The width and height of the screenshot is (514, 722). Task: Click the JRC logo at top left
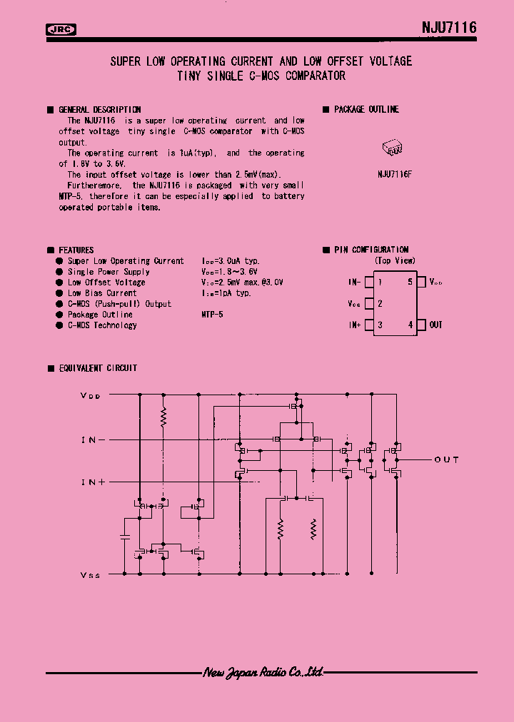click(x=61, y=29)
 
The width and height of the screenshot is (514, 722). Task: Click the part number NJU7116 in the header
click(x=448, y=28)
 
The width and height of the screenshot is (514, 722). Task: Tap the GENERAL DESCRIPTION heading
click(x=99, y=110)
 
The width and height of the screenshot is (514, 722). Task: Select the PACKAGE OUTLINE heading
click(x=366, y=109)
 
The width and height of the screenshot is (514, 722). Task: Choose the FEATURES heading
click(x=76, y=250)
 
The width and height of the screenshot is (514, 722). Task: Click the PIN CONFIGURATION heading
click(x=371, y=250)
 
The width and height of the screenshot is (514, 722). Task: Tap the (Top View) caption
click(x=395, y=261)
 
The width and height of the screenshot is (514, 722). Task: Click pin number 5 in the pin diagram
click(x=410, y=282)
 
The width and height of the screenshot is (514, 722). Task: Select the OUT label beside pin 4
click(x=435, y=325)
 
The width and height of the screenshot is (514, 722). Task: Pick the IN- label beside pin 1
click(x=355, y=282)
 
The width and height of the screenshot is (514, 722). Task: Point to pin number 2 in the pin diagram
click(x=380, y=303)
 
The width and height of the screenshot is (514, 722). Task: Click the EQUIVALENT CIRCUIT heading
click(x=98, y=368)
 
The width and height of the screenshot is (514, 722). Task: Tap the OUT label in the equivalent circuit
click(x=446, y=459)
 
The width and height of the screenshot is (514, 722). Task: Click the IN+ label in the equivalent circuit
click(x=94, y=482)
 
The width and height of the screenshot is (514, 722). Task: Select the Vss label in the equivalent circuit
click(x=91, y=574)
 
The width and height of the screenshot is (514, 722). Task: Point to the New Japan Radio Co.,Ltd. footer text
click(x=263, y=672)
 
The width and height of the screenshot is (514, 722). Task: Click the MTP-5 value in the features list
click(x=212, y=314)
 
